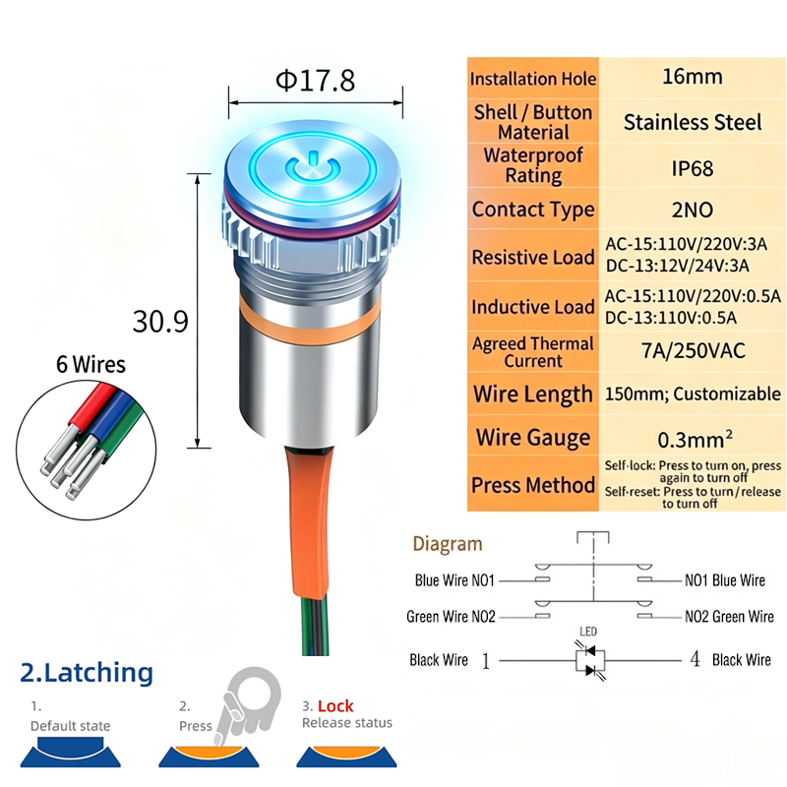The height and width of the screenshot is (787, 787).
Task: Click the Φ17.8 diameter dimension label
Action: [315, 80]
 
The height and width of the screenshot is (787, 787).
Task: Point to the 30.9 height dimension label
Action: [160, 322]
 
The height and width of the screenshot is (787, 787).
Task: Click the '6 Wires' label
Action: [91, 364]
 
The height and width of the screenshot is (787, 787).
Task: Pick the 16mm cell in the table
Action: [693, 77]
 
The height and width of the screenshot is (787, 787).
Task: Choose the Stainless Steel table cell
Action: [693, 122]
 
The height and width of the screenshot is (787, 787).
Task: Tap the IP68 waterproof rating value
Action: [693, 168]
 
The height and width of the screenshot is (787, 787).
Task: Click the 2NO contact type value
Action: [693, 210]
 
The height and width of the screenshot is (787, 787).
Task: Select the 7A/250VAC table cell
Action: [694, 351]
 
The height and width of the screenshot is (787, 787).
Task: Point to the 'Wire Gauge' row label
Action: [533, 438]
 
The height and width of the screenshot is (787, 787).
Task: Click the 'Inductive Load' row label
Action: [533, 307]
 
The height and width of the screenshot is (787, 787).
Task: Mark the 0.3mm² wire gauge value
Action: [695, 439]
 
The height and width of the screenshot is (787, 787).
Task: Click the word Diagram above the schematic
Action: [448, 545]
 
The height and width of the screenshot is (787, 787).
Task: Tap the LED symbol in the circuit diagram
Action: [590, 660]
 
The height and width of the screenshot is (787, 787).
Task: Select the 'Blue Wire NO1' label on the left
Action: [454, 580]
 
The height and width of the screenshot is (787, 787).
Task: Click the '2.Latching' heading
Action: [87, 673]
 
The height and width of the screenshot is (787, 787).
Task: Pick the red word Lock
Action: [335, 706]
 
